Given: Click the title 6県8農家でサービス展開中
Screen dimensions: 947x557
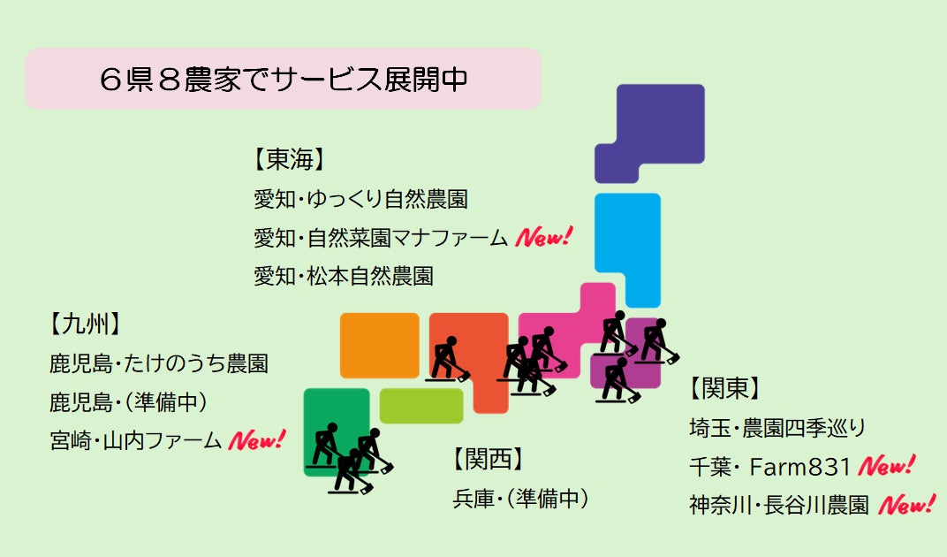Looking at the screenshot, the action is coord(283,79).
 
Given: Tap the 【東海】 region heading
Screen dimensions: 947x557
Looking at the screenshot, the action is coord(290,160).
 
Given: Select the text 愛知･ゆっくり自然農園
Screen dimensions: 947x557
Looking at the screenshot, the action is coord(360,199).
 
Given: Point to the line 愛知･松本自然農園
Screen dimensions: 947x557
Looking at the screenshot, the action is coord(344,276).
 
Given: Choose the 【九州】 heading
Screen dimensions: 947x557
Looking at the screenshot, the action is coord(85,324).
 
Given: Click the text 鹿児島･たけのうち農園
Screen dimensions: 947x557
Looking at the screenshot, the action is coord(159,362).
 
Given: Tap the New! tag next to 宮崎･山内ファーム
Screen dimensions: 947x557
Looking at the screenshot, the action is coord(257,439).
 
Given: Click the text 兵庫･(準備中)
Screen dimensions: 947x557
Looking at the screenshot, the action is coord(520,498).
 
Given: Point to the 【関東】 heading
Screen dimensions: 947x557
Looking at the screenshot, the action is coord(725,388).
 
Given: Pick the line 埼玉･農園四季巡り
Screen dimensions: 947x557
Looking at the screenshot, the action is coord(777,428).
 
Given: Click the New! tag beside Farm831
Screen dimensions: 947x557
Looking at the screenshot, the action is coord(887,465).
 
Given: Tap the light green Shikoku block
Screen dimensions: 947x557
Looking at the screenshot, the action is coord(421,406).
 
